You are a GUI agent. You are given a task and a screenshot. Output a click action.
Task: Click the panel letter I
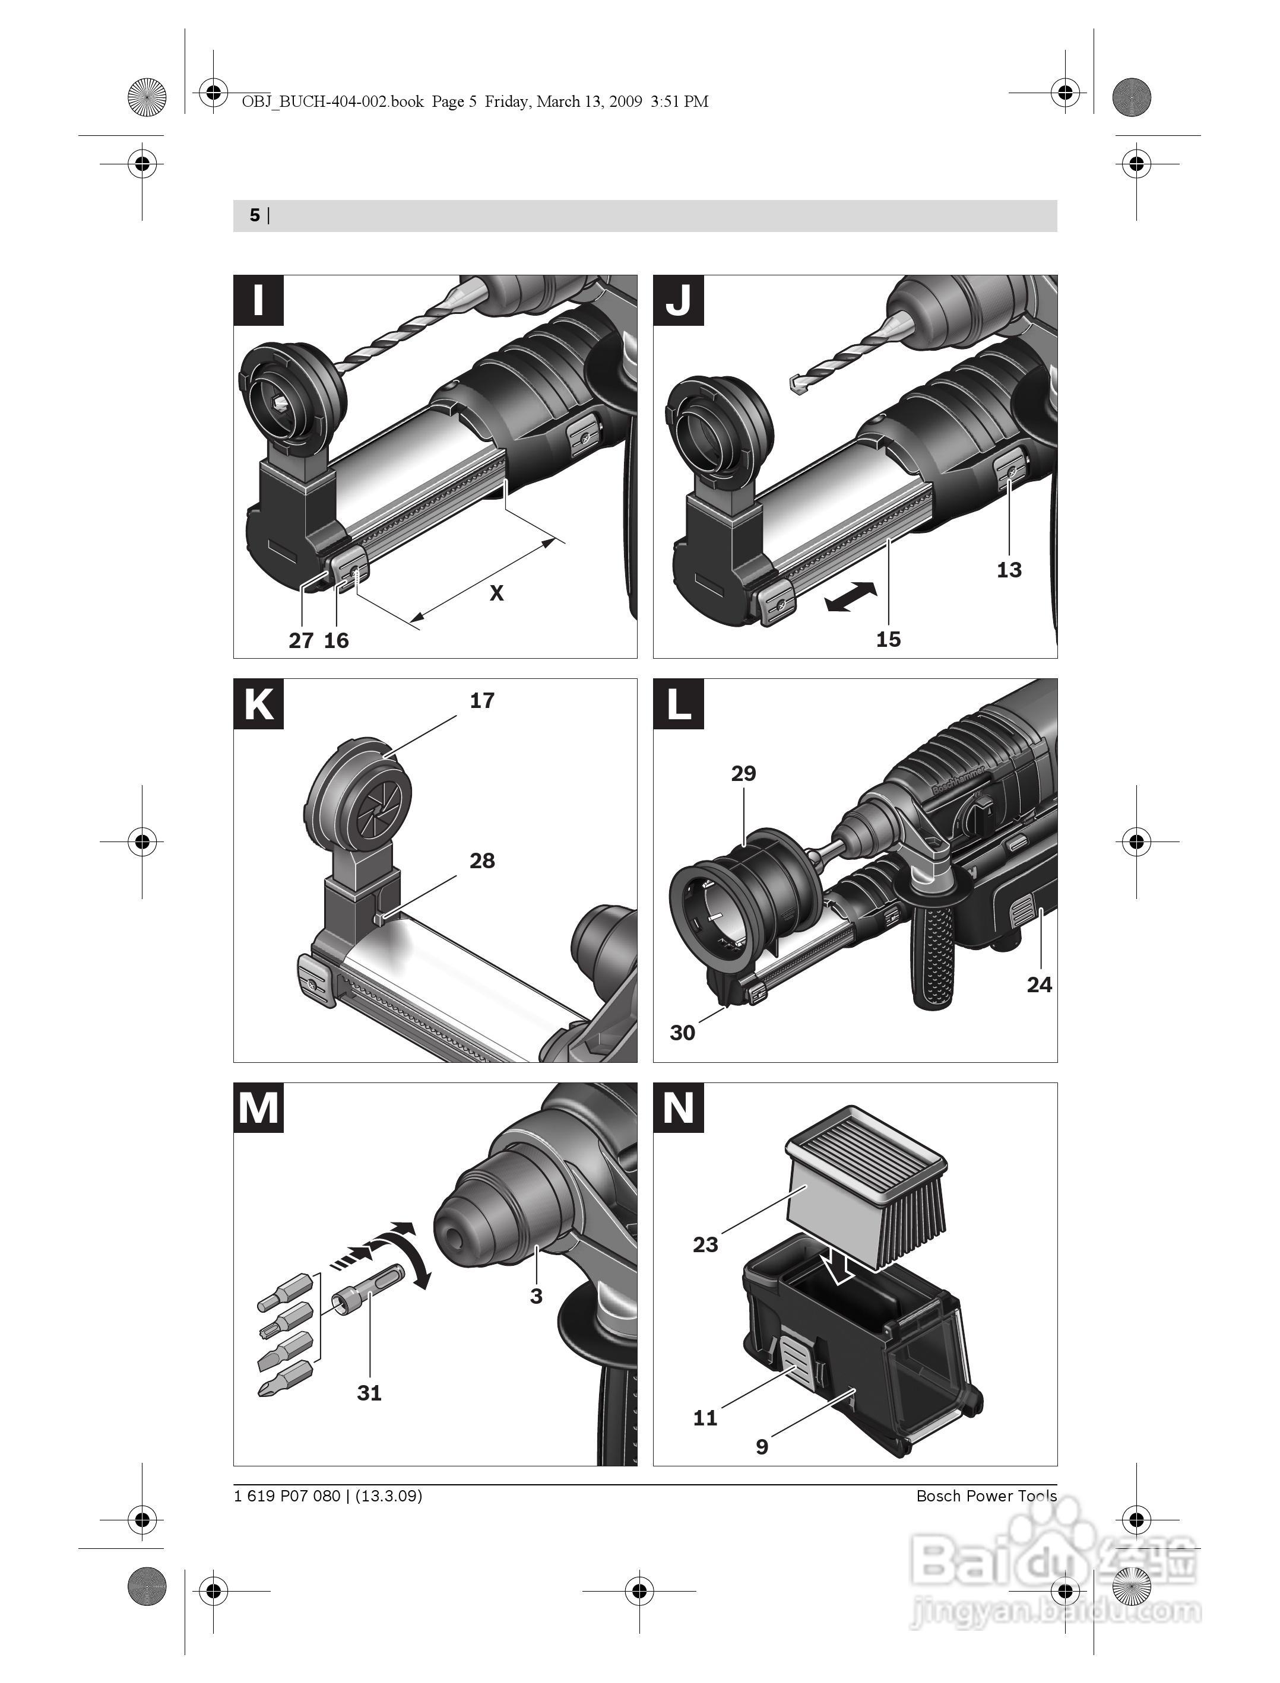258,300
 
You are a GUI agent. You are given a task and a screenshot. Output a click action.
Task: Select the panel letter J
678,300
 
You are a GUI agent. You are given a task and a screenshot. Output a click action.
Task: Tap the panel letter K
258,704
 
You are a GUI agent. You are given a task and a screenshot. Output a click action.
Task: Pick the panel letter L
678,704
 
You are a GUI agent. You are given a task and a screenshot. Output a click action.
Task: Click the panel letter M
258,1108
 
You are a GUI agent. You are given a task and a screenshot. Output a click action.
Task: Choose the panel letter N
678,1108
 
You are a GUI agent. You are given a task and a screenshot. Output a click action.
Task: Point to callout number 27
301,640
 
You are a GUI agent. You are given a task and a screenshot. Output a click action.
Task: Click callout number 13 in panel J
1009,570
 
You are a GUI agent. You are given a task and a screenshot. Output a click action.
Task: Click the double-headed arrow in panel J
851,597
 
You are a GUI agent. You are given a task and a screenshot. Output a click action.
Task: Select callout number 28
481,860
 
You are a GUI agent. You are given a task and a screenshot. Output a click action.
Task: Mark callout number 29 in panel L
744,773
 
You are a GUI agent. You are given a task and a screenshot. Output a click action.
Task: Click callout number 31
369,1392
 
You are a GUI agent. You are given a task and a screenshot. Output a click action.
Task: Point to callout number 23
705,1244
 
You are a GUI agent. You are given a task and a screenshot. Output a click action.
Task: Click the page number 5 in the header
255,215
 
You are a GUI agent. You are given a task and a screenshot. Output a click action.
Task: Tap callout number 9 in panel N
762,1446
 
